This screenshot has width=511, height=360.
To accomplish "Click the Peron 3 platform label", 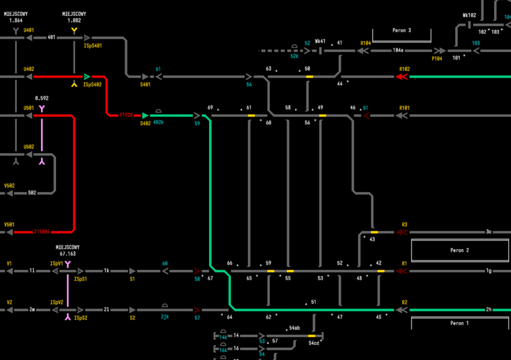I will point(402,30).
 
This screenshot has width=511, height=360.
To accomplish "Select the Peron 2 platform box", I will point(459,251).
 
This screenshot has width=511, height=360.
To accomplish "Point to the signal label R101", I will point(405,108).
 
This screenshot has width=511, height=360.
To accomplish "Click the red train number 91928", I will point(126,115).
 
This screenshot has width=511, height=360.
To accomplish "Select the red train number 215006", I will point(42,232).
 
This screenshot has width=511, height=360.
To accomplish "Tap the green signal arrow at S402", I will point(146,116).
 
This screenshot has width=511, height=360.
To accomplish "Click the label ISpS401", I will point(92,46).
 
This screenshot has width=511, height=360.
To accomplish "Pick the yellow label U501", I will point(29,108).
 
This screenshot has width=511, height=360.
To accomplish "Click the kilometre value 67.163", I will point(67,254).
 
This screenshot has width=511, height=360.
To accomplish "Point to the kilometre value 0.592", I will point(42,98).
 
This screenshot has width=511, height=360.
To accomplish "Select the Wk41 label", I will point(320,41).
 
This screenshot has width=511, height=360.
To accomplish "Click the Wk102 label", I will point(469,15).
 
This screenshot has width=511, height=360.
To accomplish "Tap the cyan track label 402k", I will point(158,123).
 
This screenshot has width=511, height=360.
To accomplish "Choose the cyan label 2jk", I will point(165,317).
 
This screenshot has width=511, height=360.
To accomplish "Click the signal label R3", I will point(405,224).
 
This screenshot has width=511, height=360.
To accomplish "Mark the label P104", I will point(437,59).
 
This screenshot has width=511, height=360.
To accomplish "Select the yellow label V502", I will point(9,186).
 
